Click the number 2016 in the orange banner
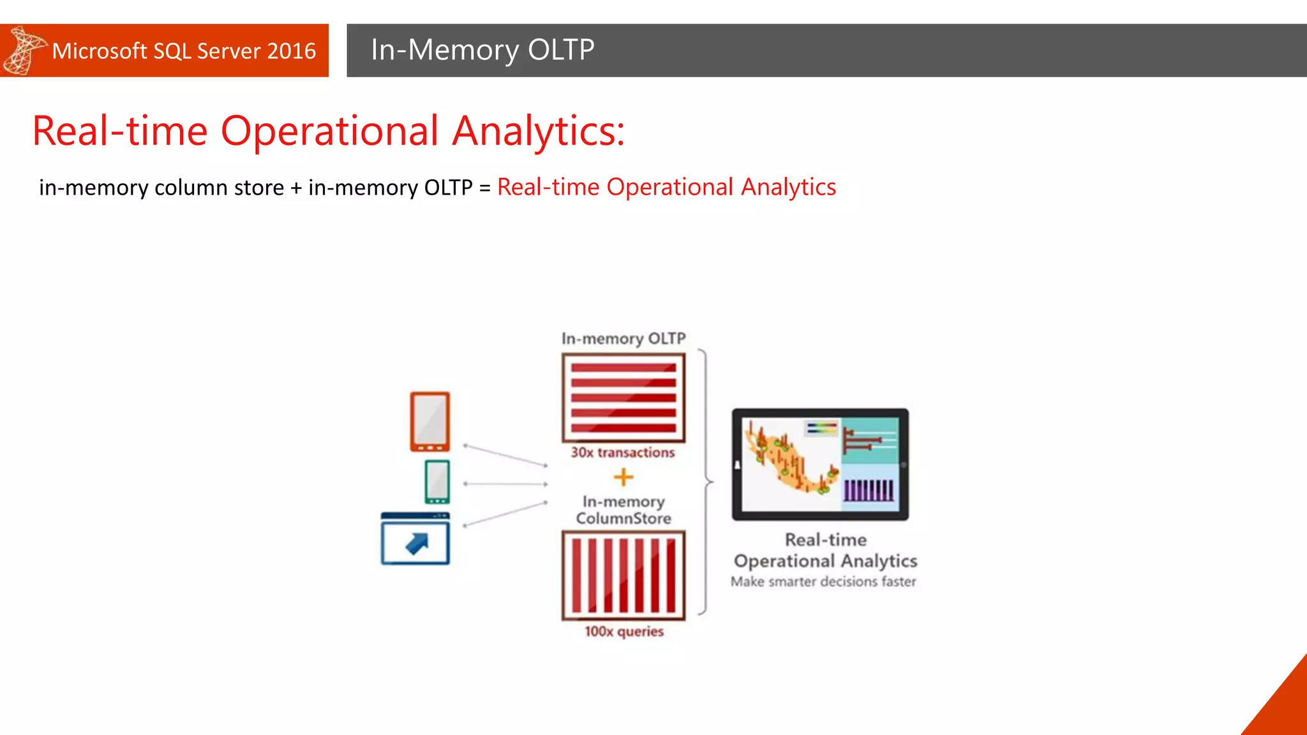point(291,51)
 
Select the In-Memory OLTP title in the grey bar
point(482,50)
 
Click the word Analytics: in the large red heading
point(538,131)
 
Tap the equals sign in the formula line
point(484,188)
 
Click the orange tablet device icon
point(429,422)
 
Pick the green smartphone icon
point(437,482)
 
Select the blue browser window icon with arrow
point(415,539)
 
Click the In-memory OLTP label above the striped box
point(623,338)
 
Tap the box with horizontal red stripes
point(623,398)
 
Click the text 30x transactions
point(622,452)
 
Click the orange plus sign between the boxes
point(623,477)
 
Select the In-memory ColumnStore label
point(623,510)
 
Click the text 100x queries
point(624,632)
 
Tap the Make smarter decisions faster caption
point(823,582)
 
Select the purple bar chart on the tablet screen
point(869,489)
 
